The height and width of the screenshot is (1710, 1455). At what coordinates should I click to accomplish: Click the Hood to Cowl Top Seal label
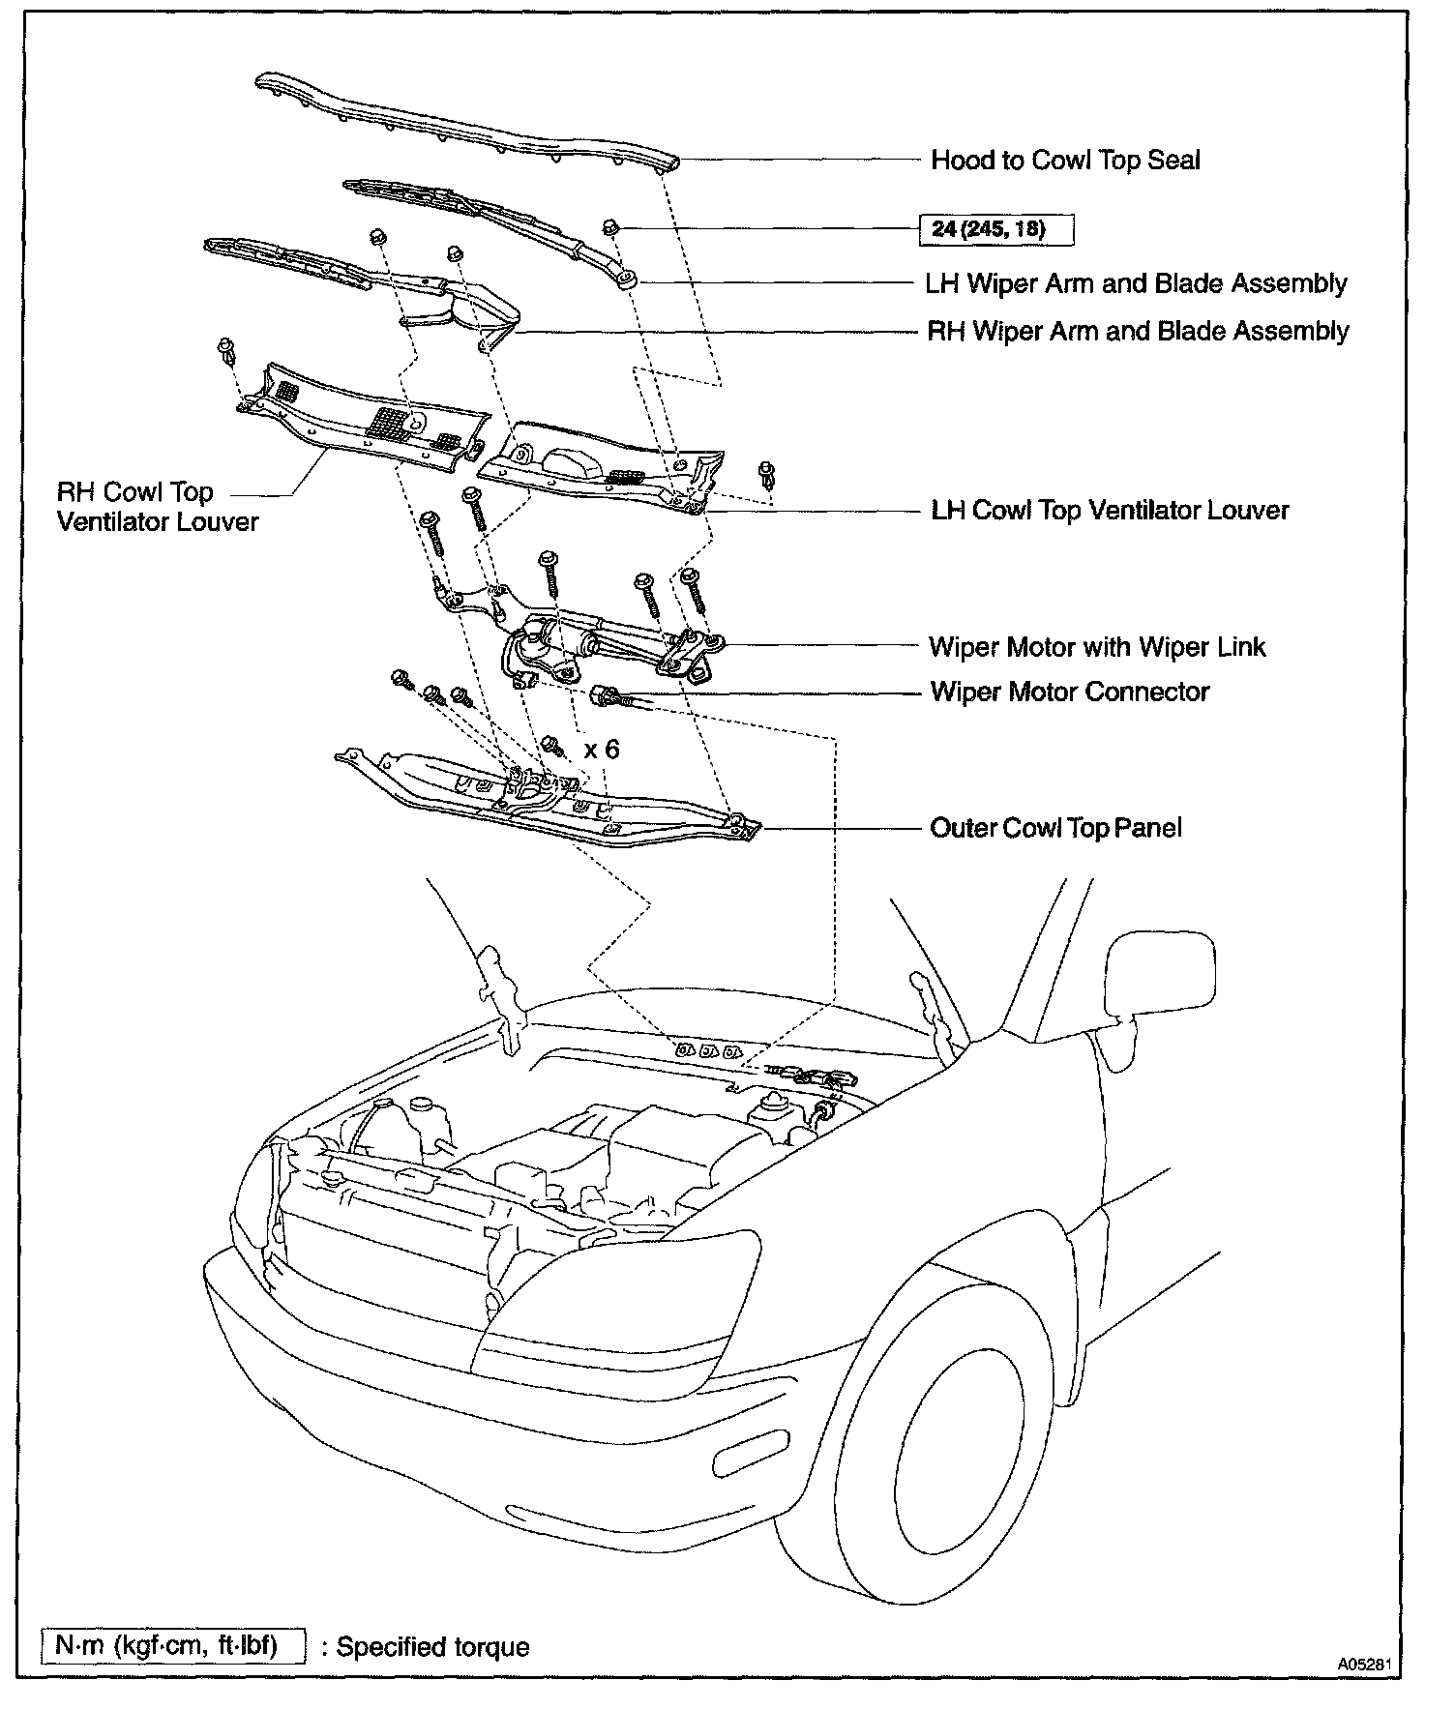[1064, 160]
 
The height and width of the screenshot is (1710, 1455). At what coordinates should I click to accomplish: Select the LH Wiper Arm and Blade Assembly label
[1136, 283]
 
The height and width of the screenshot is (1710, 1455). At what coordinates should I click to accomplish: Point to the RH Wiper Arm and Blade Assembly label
[1137, 331]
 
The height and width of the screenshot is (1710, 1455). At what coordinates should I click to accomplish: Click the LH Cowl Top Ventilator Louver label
[1110, 510]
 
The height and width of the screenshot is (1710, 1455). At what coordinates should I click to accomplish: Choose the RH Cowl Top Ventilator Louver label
[158, 507]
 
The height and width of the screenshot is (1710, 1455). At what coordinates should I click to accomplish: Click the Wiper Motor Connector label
[1069, 692]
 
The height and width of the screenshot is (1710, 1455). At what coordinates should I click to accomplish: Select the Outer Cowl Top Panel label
[1054, 828]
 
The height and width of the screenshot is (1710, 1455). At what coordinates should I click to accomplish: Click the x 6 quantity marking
[602, 750]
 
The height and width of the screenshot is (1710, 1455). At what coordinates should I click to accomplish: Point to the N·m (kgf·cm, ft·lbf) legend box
[173, 1645]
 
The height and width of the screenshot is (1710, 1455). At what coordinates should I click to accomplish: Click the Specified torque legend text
[432, 1646]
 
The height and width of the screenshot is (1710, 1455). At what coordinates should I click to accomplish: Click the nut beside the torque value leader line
[611, 228]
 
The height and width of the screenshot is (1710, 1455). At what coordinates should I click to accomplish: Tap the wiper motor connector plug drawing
[608, 696]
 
